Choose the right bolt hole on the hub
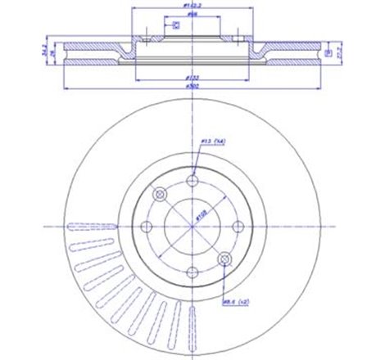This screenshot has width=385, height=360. coord(239,227)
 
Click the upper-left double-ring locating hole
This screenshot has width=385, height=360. coord(160,195)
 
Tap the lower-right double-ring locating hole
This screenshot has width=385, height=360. coord(225,260)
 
